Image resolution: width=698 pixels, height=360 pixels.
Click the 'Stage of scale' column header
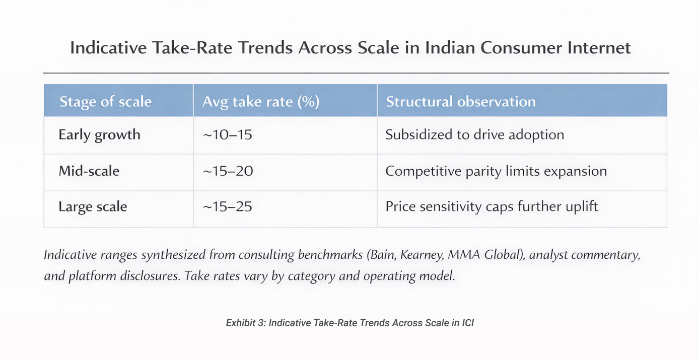click(x=105, y=101)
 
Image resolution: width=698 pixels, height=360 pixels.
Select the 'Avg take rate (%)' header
click(x=261, y=101)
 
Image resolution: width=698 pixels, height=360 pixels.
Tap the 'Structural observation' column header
click(x=460, y=101)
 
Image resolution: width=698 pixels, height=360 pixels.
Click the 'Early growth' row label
click(x=99, y=135)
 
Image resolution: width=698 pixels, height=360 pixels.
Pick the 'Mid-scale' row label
click(x=89, y=171)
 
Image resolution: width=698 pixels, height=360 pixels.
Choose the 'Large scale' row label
click(x=93, y=206)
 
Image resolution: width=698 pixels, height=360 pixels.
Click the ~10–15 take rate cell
click(x=227, y=135)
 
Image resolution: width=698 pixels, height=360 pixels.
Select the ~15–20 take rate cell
click(x=227, y=171)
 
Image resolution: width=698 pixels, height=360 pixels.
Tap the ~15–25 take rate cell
click(x=227, y=206)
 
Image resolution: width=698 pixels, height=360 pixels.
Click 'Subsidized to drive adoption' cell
click(x=474, y=135)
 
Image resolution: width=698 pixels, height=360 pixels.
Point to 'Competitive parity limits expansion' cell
click(x=496, y=171)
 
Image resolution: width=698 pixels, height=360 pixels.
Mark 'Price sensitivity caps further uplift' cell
click(x=492, y=206)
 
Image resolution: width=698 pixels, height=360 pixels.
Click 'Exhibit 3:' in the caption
click(x=245, y=323)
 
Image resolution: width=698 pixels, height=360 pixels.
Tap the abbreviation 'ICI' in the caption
click(x=467, y=323)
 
